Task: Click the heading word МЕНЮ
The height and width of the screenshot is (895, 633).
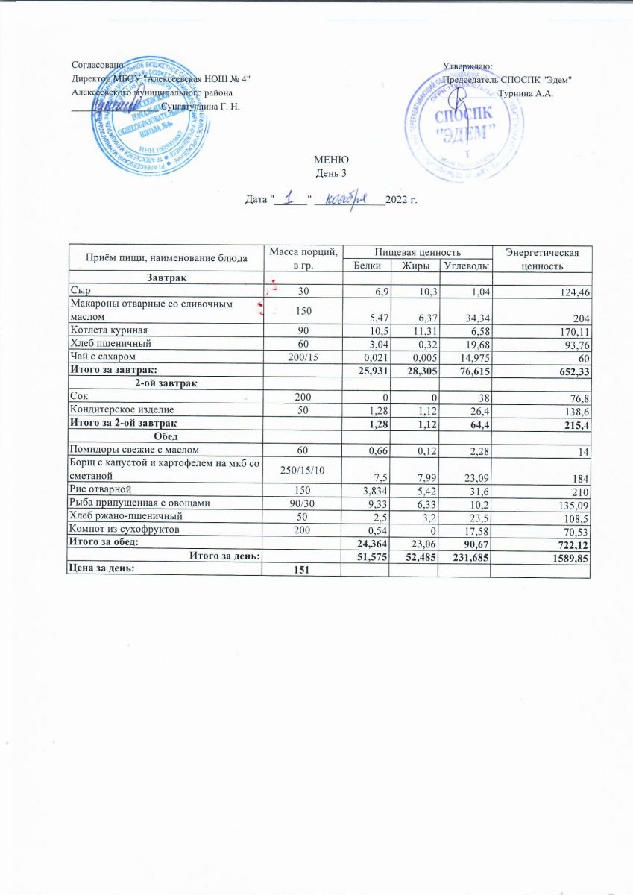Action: (x=332, y=161)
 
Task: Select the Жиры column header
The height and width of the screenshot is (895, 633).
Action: (x=414, y=266)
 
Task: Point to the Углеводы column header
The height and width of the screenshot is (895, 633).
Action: (x=466, y=266)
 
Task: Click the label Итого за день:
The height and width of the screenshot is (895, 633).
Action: (x=224, y=556)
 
